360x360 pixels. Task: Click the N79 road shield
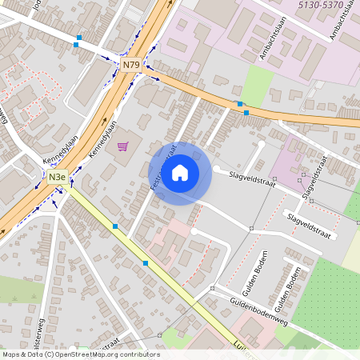131,63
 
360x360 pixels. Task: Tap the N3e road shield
56,177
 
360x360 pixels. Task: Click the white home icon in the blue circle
180,173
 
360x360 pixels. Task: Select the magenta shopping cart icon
122,146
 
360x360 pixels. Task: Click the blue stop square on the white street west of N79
77,46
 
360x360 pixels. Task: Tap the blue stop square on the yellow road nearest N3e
115,227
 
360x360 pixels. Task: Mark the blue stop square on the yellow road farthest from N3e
146,262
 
